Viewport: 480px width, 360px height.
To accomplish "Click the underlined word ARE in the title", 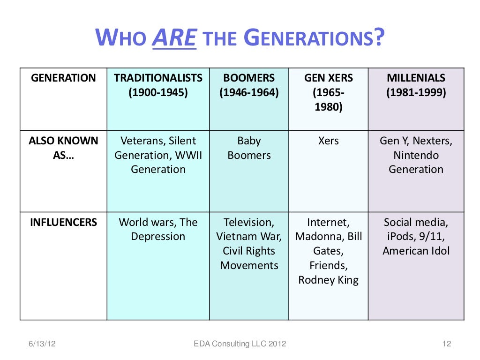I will pos(174,38).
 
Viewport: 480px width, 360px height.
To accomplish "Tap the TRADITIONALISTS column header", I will pos(158,78).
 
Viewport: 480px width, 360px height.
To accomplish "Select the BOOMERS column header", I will pos(249,78).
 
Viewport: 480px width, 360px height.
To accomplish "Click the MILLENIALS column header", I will pos(416,78).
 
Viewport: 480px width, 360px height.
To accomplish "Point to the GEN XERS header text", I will pos(328,78).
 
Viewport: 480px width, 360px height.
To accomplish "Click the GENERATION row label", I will pos(63,78).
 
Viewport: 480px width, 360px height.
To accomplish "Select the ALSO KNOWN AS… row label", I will pos(63,148).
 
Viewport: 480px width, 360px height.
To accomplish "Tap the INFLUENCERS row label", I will pos(63,222).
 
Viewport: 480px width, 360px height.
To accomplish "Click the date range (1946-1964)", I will pos(249,92).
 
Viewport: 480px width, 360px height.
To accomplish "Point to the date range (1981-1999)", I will pos(416,92).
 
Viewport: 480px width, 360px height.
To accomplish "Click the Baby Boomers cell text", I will pos(249,148).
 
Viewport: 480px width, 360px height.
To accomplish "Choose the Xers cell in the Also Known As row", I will pos(328,141).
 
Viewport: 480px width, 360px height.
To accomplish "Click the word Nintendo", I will pos(416,155).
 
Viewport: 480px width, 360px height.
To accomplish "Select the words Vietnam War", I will pos(249,237).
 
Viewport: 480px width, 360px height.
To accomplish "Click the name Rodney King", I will pos(328,280).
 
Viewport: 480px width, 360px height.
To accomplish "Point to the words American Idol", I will pos(416,251).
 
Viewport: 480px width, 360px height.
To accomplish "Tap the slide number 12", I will pos(446,345).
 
